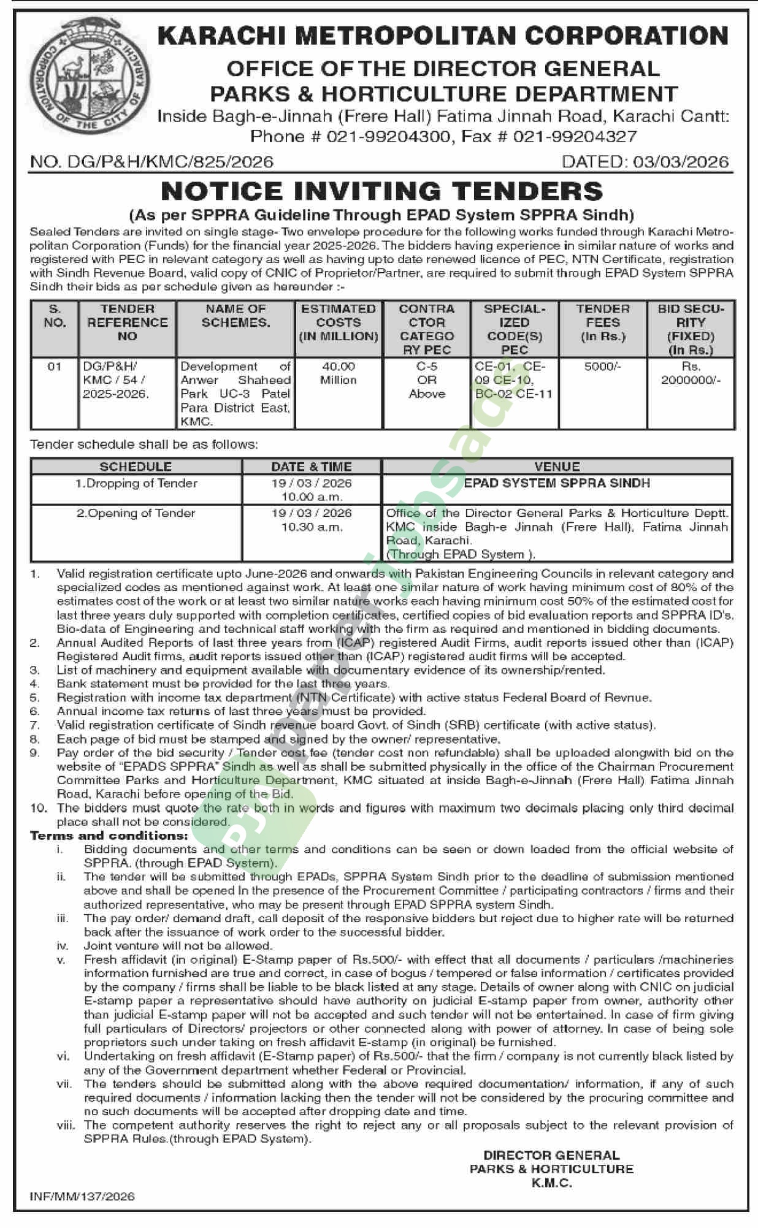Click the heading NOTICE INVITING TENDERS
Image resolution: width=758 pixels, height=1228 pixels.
(x=381, y=191)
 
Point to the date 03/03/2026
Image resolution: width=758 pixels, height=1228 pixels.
(x=681, y=162)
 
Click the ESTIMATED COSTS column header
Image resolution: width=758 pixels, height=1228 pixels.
(x=339, y=322)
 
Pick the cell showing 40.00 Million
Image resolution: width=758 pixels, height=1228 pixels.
(x=339, y=373)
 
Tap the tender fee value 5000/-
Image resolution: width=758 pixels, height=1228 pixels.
(x=602, y=367)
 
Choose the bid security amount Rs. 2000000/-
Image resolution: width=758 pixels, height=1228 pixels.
(x=691, y=373)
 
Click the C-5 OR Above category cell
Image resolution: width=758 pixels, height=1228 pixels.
(x=427, y=380)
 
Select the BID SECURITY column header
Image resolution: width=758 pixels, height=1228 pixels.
(x=691, y=329)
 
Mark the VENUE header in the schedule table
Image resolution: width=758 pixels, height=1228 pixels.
(x=557, y=467)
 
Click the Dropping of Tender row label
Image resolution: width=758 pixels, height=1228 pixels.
(x=136, y=484)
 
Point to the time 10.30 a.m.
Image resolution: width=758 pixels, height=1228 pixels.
(x=312, y=527)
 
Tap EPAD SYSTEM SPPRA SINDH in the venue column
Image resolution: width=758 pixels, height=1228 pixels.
(x=557, y=484)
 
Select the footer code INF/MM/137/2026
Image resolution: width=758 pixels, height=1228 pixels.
(x=82, y=1196)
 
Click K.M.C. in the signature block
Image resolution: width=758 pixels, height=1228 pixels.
(x=551, y=1183)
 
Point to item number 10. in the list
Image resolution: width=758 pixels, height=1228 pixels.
(x=39, y=808)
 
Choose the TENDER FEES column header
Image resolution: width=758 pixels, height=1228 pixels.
(x=602, y=322)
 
